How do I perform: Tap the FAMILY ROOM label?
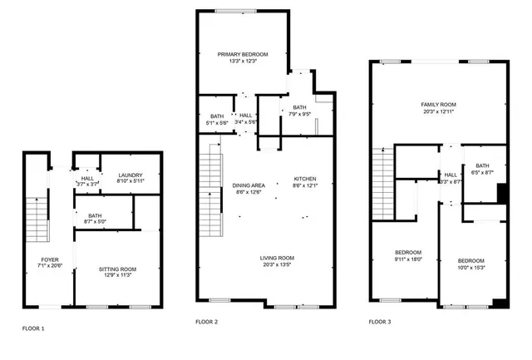(438, 105)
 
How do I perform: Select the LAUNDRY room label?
(131, 175)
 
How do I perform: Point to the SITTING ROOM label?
(117, 269)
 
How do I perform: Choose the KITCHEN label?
(305, 179)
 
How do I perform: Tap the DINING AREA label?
(249, 185)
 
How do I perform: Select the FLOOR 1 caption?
(33, 328)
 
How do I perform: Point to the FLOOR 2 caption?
(206, 321)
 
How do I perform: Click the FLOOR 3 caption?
(380, 321)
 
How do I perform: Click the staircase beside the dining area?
(211, 188)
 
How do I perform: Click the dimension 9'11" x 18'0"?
(407, 258)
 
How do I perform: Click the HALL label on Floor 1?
(87, 178)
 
